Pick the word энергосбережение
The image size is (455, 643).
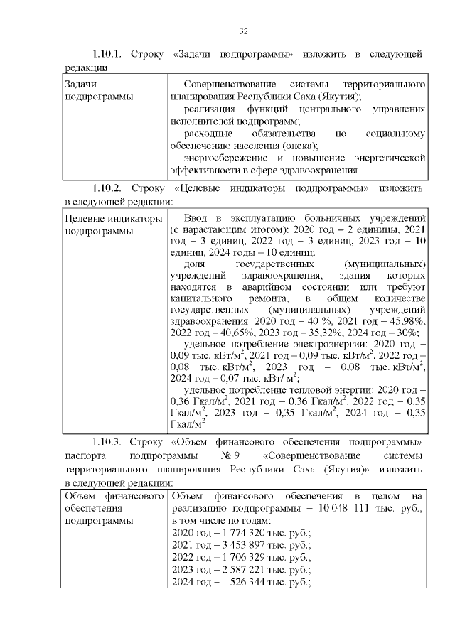pos(225,157)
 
